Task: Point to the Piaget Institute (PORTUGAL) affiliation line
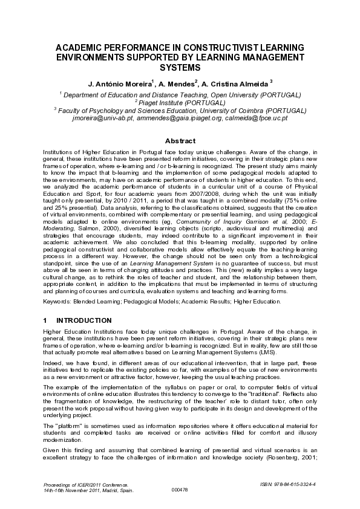tap(180, 103)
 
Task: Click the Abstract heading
tap(180, 140)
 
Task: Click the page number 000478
tap(180, 490)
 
